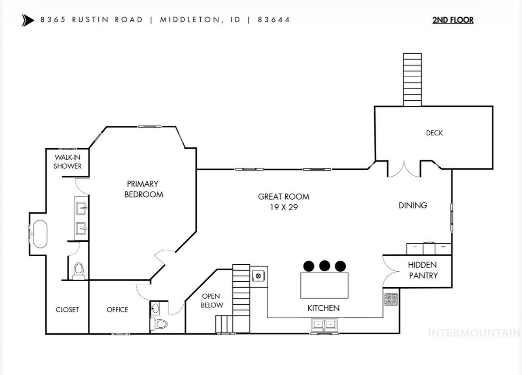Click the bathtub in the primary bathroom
(x=40, y=234)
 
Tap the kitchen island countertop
(x=324, y=285)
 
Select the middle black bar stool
(x=325, y=266)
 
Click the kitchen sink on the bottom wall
(x=324, y=324)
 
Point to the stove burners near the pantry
(x=391, y=299)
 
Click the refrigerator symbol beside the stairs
(x=257, y=276)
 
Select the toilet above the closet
(x=79, y=270)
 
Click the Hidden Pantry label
(x=423, y=270)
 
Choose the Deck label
(x=434, y=133)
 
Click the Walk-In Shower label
(x=68, y=162)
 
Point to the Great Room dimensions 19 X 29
(x=284, y=208)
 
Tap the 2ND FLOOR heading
(x=453, y=20)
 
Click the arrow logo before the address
(x=28, y=20)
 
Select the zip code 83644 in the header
(x=274, y=20)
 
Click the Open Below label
(x=212, y=301)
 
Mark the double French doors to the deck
(x=404, y=170)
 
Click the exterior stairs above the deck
(x=412, y=80)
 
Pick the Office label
(x=117, y=310)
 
